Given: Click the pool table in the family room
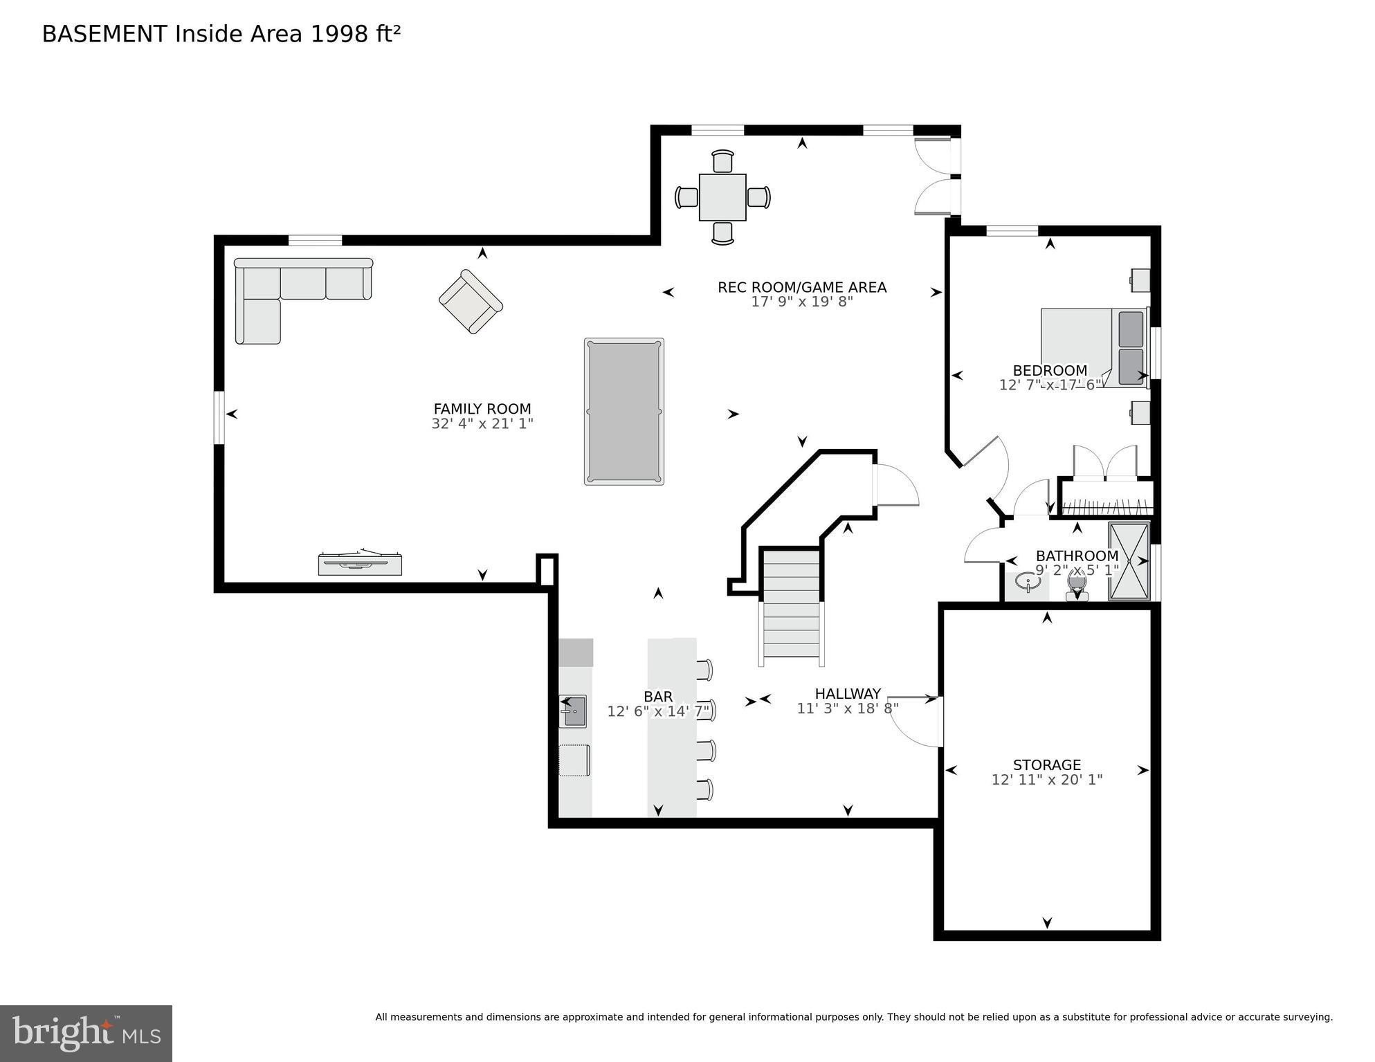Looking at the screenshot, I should click(623, 411).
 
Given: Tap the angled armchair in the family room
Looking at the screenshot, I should click(471, 302).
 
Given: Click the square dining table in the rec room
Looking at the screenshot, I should click(722, 197).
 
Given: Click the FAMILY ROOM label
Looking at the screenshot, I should click(482, 409).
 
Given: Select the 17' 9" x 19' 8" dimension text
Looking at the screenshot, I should click(801, 302).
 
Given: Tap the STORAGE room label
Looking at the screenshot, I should click(1046, 765).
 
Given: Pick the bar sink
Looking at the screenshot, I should click(572, 711).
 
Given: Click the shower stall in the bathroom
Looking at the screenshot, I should click(1128, 561).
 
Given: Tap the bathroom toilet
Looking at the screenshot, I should click(1076, 589).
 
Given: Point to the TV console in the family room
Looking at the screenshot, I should click(360, 563).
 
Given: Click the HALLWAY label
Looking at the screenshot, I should click(847, 693).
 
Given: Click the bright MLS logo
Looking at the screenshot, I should click(86, 1033).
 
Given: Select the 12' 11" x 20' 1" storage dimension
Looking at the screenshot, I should click(1046, 780).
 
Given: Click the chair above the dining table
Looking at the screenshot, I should click(722, 161).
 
